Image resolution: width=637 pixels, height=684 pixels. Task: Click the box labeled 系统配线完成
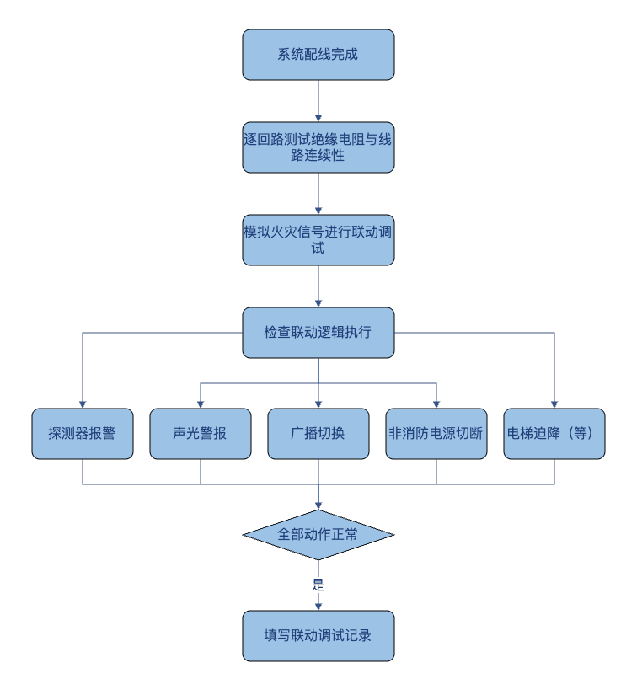318,55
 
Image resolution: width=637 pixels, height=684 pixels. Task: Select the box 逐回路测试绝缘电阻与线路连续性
318,147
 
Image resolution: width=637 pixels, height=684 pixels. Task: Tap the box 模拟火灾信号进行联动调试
318,240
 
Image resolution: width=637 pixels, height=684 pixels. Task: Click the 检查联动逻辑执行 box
318,333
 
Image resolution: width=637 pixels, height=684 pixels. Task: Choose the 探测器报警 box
83,434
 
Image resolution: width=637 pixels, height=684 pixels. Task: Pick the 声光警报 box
201,434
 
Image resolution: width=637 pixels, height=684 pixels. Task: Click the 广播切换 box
318,434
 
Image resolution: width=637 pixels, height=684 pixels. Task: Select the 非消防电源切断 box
436,434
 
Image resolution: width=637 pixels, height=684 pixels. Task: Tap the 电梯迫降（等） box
554,434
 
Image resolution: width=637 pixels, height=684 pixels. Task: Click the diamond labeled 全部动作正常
318,535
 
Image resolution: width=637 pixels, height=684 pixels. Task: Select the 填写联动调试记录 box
318,636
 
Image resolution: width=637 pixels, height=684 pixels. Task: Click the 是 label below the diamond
318,585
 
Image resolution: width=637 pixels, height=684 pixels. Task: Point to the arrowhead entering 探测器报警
83,405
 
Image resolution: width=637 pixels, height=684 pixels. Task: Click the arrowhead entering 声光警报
201,405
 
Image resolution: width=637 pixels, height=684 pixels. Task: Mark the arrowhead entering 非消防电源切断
436,405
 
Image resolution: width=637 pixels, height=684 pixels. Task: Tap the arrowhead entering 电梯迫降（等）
554,405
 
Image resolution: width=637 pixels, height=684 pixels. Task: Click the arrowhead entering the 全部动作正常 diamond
318,506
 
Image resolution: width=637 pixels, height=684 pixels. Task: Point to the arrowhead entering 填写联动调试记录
318,607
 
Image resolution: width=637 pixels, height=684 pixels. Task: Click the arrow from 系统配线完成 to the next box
318,101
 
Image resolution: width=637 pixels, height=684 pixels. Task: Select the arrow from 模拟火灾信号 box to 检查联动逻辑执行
318,286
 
